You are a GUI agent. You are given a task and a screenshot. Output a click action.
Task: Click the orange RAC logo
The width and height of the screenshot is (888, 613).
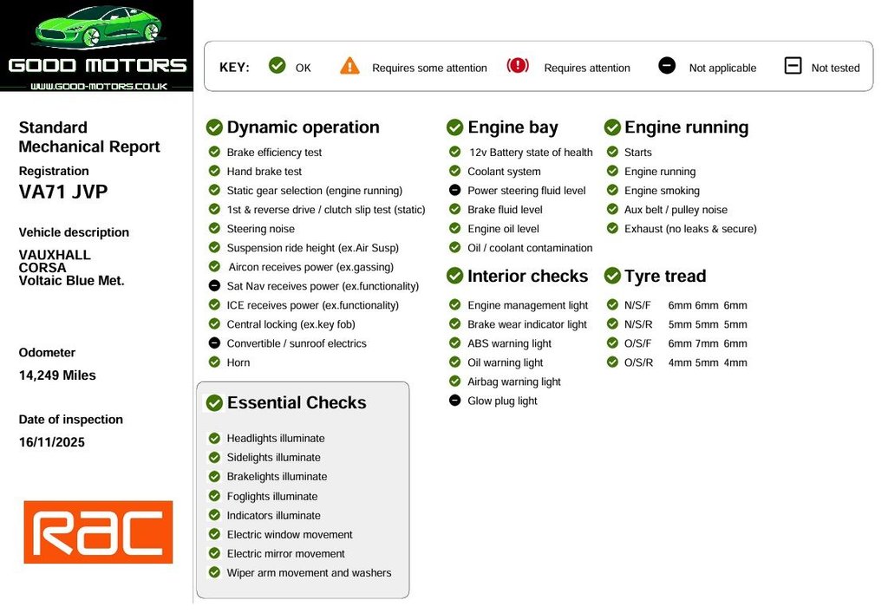tap(98, 532)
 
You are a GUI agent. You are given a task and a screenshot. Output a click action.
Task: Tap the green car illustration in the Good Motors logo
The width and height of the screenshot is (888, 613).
tap(98, 27)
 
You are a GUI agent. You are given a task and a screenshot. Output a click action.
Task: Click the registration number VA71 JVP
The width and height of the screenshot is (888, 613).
tap(62, 192)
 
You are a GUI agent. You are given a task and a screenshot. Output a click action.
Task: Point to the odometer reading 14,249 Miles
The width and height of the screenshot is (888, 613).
tap(57, 375)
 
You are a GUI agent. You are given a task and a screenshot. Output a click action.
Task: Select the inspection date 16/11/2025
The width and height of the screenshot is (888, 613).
tap(51, 442)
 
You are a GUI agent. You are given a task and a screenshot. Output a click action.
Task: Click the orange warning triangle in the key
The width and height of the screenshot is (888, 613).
tap(349, 66)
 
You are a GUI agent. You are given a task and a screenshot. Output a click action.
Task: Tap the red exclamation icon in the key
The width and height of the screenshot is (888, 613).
tap(518, 66)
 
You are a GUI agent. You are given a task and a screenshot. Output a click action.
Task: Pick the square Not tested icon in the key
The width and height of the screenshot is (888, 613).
tap(793, 66)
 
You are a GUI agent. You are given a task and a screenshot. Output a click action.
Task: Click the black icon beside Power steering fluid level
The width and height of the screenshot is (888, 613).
tap(454, 190)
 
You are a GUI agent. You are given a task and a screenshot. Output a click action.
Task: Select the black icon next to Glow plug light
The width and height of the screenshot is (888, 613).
tap(454, 401)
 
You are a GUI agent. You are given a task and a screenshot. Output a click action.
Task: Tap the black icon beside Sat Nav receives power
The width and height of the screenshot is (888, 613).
tap(214, 286)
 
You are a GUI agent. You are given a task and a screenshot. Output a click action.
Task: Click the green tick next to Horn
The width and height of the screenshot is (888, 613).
tap(214, 362)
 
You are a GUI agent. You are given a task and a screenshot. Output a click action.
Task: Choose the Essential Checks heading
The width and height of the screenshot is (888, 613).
tap(297, 402)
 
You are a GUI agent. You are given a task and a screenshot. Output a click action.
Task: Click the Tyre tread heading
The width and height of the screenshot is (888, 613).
tap(665, 276)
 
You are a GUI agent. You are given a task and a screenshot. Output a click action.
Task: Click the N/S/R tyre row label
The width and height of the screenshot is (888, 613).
tap(638, 324)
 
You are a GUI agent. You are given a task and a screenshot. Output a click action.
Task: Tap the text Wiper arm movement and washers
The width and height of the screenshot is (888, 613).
tap(310, 573)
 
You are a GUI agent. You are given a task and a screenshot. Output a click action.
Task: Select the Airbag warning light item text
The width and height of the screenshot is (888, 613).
tap(514, 381)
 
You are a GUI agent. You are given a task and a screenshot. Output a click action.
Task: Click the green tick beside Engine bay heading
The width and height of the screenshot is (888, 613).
tap(454, 127)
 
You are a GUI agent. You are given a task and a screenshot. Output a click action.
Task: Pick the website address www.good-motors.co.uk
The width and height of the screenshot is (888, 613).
tap(99, 86)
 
